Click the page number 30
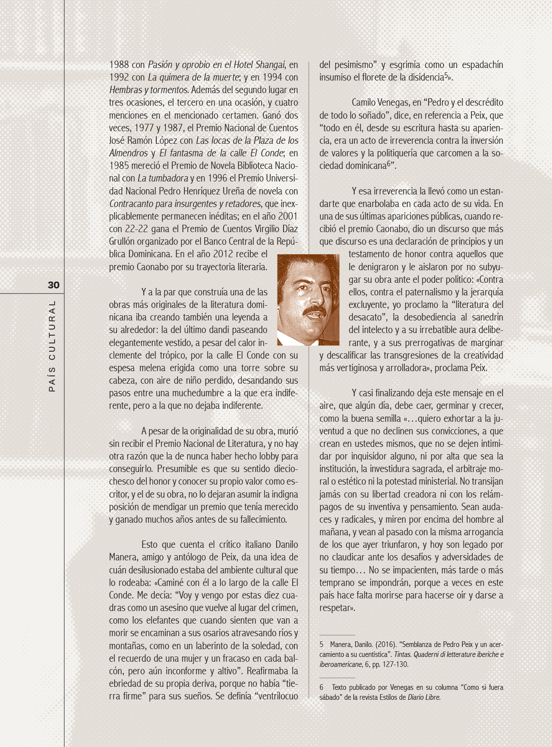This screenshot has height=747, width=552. tap(53, 285)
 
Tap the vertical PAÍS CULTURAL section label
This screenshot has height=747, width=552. tap(52, 346)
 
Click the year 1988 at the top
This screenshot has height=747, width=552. tap(119, 65)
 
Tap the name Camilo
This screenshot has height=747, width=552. tap(365, 103)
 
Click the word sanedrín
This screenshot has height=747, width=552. tap(486, 317)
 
